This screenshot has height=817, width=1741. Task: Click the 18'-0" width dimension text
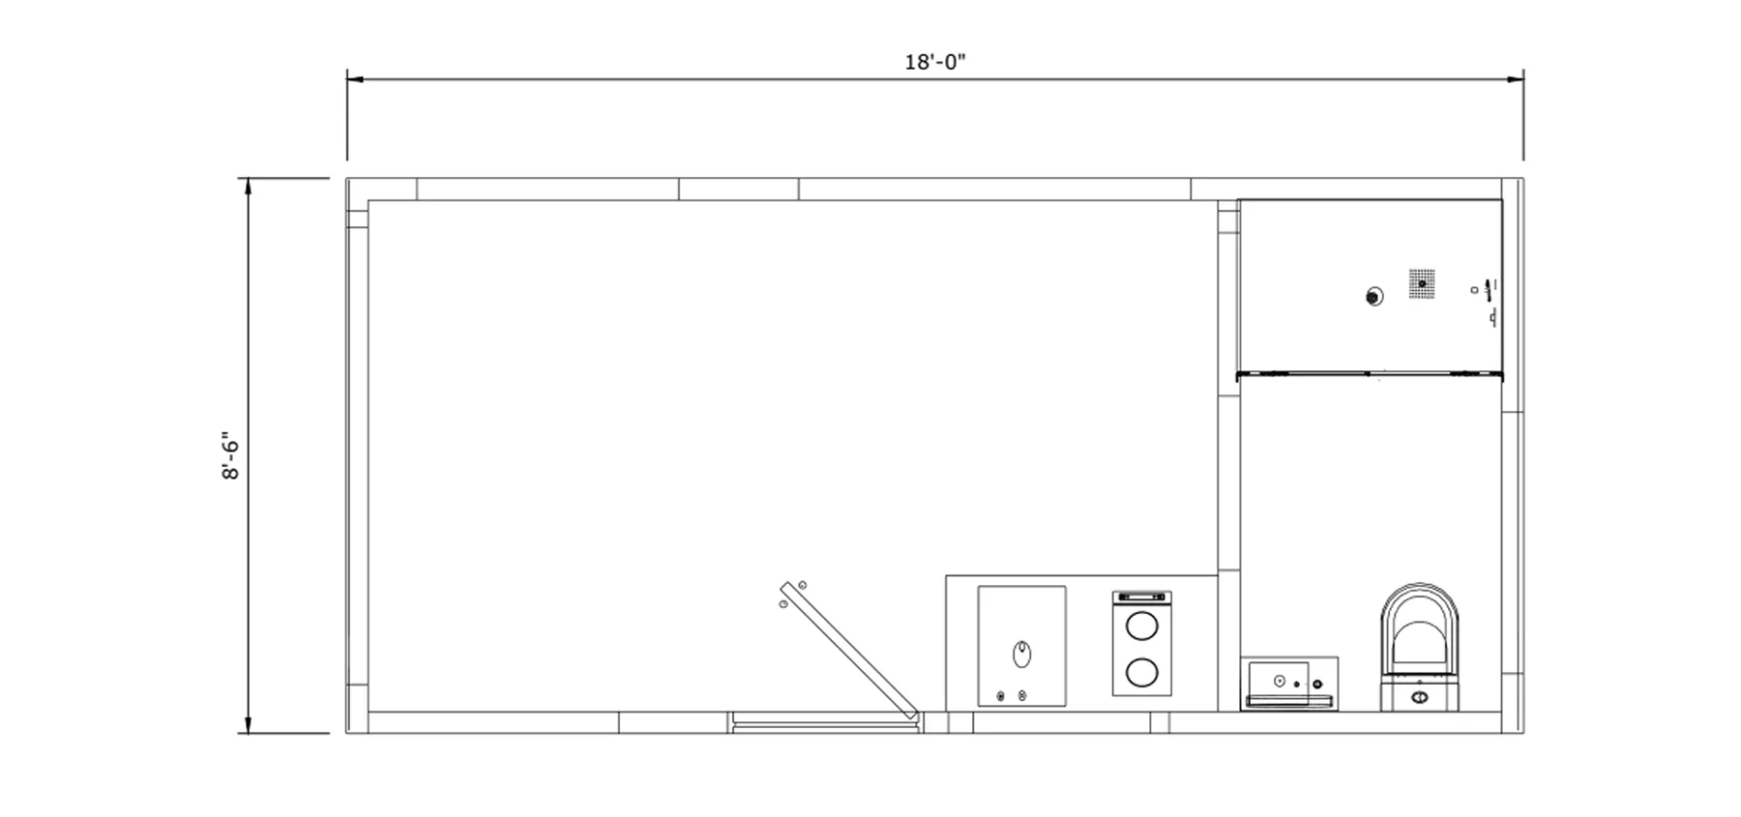coord(934,63)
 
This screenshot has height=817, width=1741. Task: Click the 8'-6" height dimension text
coord(230,455)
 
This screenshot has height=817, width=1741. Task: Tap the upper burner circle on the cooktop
coord(1141,625)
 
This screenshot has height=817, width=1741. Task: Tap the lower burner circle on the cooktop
coord(1141,671)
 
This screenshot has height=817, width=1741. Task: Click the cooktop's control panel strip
coord(1141,598)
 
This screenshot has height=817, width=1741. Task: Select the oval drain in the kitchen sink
coord(1021,655)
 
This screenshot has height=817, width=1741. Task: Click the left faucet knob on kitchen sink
coord(1001,695)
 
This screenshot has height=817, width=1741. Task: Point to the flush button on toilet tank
coord(1419,696)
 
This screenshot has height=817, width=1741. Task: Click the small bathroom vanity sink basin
coord(1278,680)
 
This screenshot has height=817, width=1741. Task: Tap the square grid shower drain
coord(1421,282)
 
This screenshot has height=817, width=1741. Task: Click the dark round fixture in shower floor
coord(1373,297)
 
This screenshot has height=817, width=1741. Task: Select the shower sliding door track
coord(1370,373)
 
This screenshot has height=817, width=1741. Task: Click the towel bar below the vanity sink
coord(1288,700)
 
